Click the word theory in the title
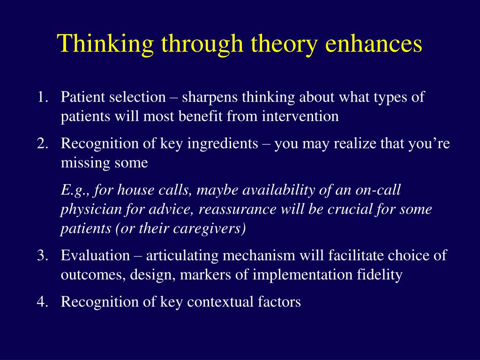(x=284, y=45)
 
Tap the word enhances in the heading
(x=374, y=43)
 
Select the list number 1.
(x=43, y=97)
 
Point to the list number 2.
(x=43, y=143)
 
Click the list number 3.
(x=43, y=255)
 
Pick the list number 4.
(x=43, y=302)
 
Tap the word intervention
(x=300, y=116)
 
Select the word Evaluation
(x=95, y=255)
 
